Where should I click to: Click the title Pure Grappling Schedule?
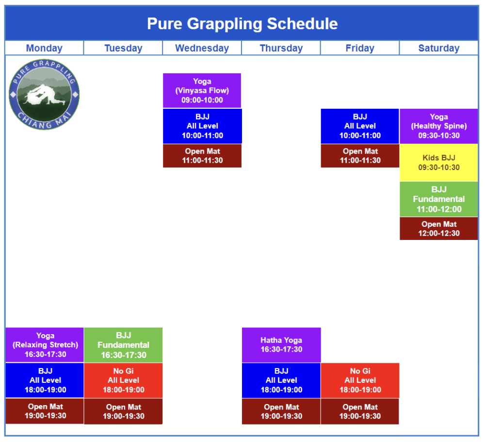click(242, 23)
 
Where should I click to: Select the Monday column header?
click(44, 48)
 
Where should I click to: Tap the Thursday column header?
click(281, 48)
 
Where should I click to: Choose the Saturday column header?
click(438, 48)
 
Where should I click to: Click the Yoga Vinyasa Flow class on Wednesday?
click(202, 90)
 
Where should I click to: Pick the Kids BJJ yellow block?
click(438, 163)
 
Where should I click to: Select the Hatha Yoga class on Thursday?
click(281, 345)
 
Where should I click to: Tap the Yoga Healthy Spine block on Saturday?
click(438, 126)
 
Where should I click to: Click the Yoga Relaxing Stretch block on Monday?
click(45, 345)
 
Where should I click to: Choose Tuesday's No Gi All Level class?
click(123, 380)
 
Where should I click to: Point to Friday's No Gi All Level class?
click(360, 380)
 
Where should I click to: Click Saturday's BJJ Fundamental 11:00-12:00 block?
click(438, 199)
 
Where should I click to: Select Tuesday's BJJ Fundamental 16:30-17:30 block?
click(123, 345)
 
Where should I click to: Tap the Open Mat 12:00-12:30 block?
click(438, 228)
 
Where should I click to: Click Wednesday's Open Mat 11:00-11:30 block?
click(202, 156)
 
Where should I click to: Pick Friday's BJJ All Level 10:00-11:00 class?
click(360, 126)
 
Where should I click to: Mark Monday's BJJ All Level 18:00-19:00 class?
click(45, 380)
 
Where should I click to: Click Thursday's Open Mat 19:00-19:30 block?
click(281, 411)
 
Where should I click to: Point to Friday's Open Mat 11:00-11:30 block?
click(360, 156)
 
